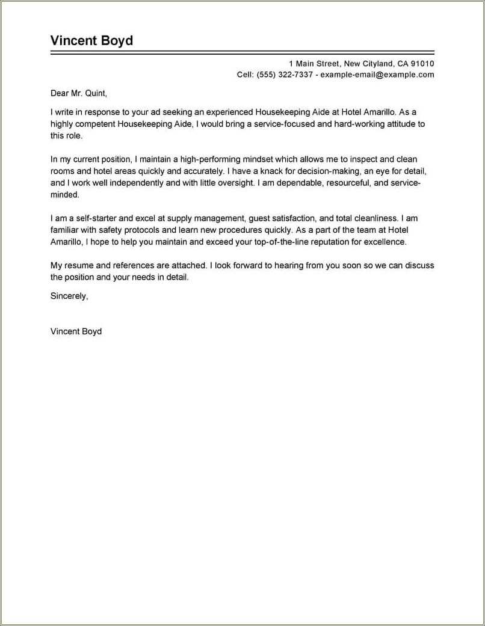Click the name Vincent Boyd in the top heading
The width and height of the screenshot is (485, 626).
pos(91,41)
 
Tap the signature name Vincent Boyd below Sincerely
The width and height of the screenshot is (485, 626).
pos(76,331)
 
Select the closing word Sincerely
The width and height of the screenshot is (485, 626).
pos(69,296)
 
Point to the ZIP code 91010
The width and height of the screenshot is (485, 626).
pos(422,63)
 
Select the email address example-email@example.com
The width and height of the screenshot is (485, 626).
pos(377,75)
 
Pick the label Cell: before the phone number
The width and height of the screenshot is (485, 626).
pos(246,75)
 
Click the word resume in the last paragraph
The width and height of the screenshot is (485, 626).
pos(78,265)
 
